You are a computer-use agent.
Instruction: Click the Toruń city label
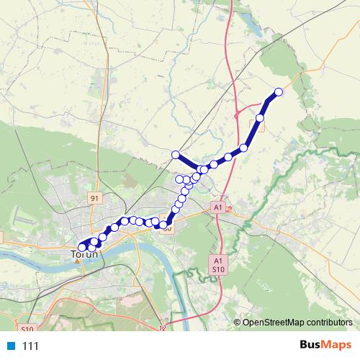[85, 254]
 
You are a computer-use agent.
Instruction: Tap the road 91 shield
[94, 197]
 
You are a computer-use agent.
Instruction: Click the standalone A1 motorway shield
[217, 207]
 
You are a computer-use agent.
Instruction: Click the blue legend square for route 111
[11, 346]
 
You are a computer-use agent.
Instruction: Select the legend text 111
[30, 346]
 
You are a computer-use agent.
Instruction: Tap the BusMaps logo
[326, 345]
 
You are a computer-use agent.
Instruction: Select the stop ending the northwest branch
[175, 154]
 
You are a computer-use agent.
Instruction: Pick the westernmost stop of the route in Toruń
[82, 247]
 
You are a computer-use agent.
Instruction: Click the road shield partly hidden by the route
[167, 229]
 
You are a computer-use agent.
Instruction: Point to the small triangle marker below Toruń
[77, 261]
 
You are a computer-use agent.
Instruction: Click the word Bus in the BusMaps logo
[312, 345]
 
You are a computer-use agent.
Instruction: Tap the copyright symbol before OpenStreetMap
[238, 323]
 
